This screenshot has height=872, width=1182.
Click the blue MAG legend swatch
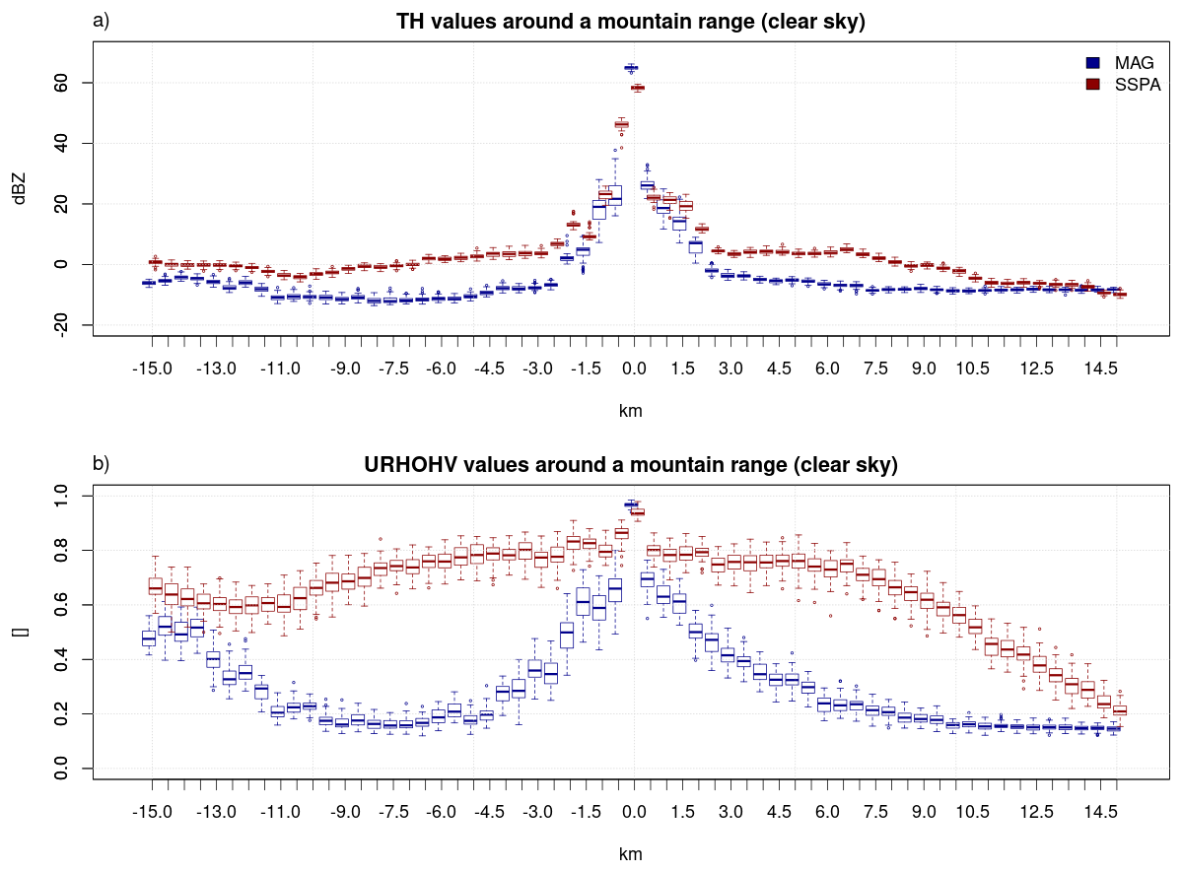pyautogui.click(x=1092, y=62)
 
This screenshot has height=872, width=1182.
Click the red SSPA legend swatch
pyautogui.click(x=1092, y=85)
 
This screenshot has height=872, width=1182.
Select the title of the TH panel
pyautogui.click(x=631, y=21)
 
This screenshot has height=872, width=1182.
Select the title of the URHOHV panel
pyautogui.click(x=631, y=464)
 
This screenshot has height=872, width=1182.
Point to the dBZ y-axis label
pyautogui.click(x=19, y=188)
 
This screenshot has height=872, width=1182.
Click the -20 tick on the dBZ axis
pyautogui.click(x=60, y=325)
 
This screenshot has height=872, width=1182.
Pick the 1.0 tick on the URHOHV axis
pyautogui.click(x=60, y=496)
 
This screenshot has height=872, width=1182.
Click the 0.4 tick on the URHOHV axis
pyautogui.click(x=60, y=659)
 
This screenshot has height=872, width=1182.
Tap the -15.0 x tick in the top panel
pyautogui.click(x=152, y=369)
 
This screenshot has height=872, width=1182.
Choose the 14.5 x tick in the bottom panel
pyautogui.click(x=1100, y=812)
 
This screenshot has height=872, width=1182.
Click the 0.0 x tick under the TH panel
pyautogui.click(x=634, y=369)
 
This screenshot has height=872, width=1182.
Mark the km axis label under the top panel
pyautogui.click(x=630, y=411)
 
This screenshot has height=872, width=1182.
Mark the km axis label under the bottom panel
pyautogui.click(x=630, y=854)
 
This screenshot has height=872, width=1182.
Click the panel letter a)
pyautogui.click(x=101, y=21)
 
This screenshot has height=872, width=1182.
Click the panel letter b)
pyautogui.click(x=101, y=463)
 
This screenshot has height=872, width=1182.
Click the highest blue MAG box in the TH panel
pyautogui.click(x=631, y=68)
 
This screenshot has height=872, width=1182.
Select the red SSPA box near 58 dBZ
pyautogui.click(x=638, y=88)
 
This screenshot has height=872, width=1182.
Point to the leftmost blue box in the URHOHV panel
pyautogui.click(x=149, y=638)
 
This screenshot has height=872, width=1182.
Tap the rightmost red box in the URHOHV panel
pyautogui.click(x=1120, y=710)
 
